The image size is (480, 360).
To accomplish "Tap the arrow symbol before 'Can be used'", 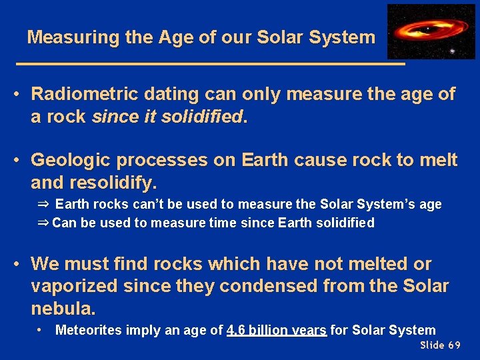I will [43, 223].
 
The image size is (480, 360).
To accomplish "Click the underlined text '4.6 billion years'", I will [277, 330].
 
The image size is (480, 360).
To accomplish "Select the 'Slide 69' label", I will [440, 345].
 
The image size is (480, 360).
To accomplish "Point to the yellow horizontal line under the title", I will [210, 63].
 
